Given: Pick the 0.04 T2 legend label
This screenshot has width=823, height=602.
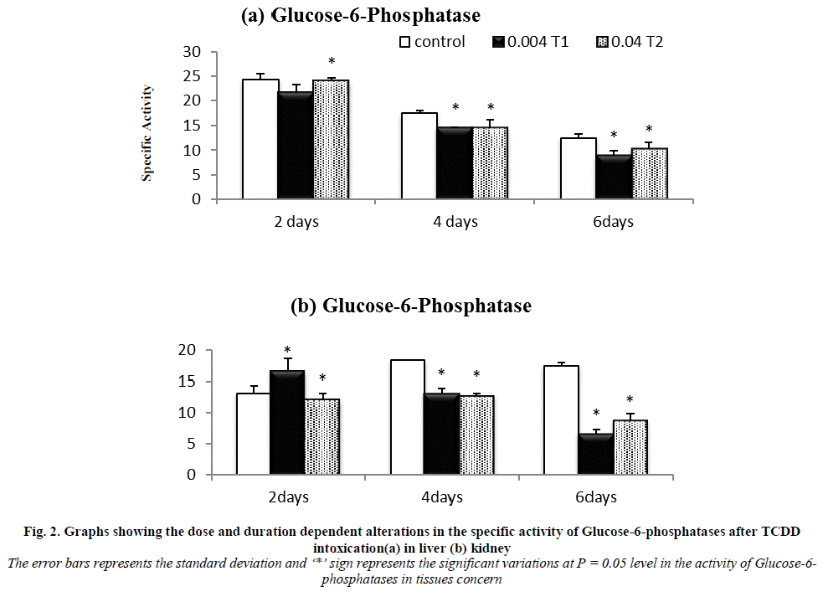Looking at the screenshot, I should [637, 41].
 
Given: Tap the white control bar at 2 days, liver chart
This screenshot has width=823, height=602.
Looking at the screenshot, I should [260, 139].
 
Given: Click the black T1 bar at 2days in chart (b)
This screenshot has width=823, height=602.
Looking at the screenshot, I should [286, 423].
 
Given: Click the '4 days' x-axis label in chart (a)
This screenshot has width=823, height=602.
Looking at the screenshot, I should [455, 222].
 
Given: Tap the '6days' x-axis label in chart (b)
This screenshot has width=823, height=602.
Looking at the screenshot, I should [596, 497].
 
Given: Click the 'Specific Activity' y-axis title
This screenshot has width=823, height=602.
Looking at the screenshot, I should [147, 132].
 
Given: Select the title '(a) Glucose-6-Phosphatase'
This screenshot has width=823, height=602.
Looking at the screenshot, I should [360, 15].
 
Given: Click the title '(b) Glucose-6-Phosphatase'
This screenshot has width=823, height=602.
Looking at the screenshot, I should [410, 306].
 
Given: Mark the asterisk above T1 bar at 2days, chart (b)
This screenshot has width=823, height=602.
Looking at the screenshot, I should [287, 351].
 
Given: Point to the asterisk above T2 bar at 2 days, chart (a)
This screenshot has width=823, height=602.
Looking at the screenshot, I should [332, 62].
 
